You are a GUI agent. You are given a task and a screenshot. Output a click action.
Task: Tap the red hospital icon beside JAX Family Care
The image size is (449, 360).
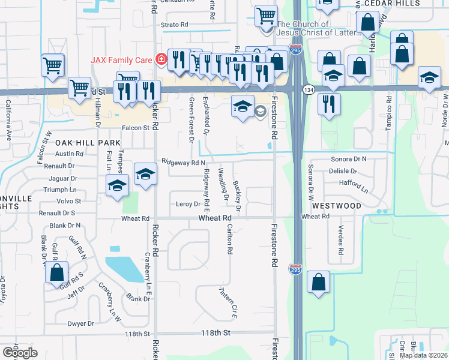pos(160,59)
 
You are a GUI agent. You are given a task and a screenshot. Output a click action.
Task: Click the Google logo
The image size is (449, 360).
pos(19,352)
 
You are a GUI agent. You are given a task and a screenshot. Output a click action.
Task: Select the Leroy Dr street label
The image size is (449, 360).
pos(188,204)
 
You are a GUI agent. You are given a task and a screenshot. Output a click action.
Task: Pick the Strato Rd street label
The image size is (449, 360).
pos(176,25)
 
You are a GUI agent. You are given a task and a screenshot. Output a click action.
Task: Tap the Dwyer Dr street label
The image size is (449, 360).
pos(81,323)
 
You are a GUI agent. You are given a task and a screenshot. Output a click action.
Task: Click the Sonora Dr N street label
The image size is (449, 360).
pos(349,159)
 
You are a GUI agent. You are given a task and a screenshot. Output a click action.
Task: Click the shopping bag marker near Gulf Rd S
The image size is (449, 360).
pos(56,273)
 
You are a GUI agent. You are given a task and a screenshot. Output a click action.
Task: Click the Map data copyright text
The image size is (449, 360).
pos(424,355)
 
